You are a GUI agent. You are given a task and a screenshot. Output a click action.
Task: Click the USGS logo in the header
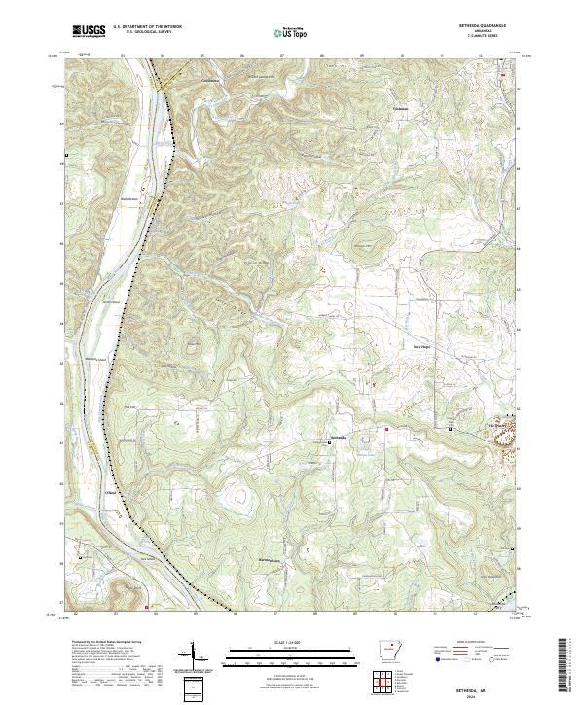point(90,31)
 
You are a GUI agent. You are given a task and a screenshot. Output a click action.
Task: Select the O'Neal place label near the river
point(111,493)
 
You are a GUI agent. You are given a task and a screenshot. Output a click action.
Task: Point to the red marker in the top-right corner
point(503,75)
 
